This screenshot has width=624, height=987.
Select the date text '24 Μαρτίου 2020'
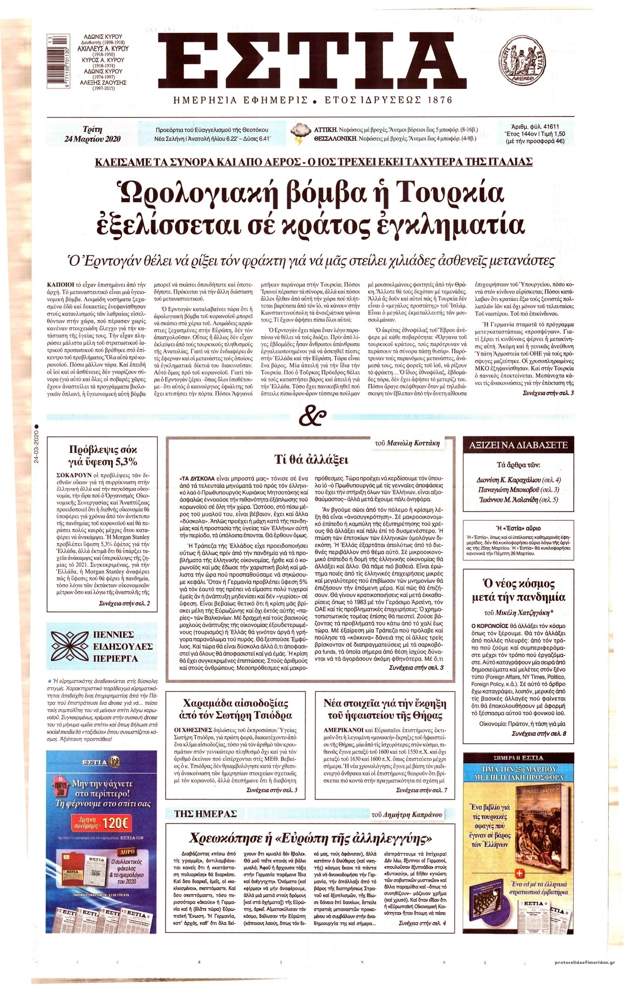[x=93, y=139]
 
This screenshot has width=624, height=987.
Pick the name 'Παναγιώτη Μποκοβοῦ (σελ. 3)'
[x=518, y=490]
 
